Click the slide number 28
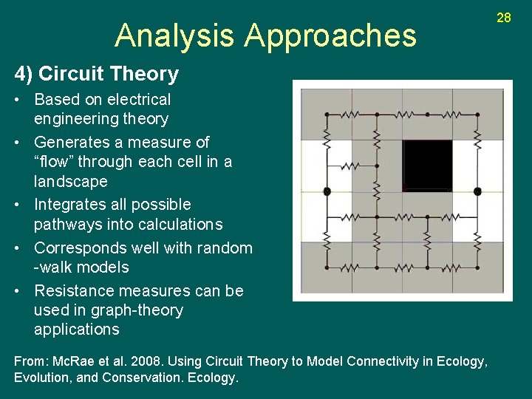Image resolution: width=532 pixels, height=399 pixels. [503, 17]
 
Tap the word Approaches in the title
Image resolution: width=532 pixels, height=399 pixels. [330, 35]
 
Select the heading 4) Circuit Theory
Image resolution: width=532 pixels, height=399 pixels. [97, 74]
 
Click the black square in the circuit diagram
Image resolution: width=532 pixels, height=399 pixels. [427, 166]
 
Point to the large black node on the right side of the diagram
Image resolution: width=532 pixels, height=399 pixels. [477, 191]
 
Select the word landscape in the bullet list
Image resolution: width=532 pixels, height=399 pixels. [70, 181]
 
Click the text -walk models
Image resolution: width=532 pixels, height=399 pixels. [81, 267]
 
